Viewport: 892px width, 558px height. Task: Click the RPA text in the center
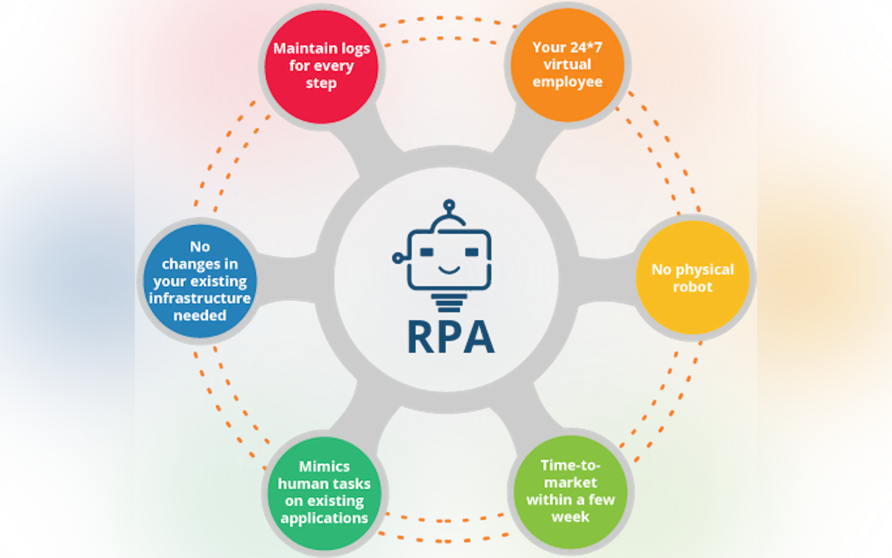[x=451, y=337]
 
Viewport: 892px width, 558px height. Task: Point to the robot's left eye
[x=427, y=252]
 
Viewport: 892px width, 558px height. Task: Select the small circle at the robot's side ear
[x=397, y=258]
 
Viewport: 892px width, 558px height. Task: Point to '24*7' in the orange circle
[x=585, y=47]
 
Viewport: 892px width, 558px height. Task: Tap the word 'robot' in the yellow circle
[x=693, y=287]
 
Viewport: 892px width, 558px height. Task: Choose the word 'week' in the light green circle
[x=570, y=517]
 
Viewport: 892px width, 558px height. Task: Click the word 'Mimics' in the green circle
[x=324, y=467]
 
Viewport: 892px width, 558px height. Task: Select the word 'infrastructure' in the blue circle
[x=200, y=298]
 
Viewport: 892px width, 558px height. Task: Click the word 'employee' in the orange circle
[x=567, y=82]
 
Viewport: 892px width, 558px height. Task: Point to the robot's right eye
[x=472, y=252]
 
